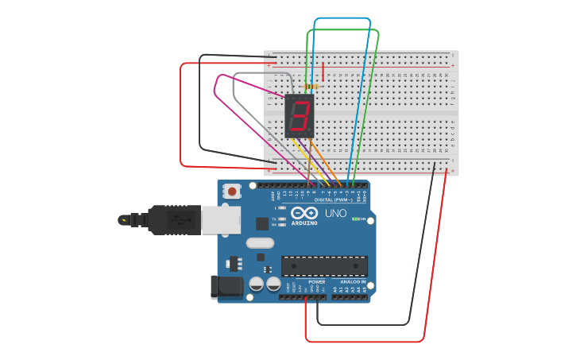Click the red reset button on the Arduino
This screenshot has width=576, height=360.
pyautogui.click(x=232, y=191)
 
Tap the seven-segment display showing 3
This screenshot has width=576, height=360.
pyautogui.click(x=300, y=116)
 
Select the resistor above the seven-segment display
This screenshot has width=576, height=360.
pyautogui.click(x=311, y=86)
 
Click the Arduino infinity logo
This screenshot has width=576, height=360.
pyautogui.click(x=304, y=213)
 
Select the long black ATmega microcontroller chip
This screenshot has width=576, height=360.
pyautogui.click(x=324, y=266)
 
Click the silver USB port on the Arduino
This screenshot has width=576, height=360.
pyautogui.click(x=220, y=220)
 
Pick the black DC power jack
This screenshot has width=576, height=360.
pyautogui.click(x=224, y=287)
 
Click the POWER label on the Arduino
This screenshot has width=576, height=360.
pyautogui.click(x=316, y=282)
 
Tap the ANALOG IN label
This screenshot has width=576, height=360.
pyautogui.click(x=353, y=282)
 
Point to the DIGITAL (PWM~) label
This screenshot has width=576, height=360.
pyautogui.click(x=334, y=199)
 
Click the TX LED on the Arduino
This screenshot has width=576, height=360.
pyautogui.click(x=282, y=219)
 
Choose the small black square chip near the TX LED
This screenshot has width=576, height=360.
pyautogui.click(x=262, y=224)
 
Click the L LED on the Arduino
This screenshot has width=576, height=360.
pyautogui.click(x=282, y=207)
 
